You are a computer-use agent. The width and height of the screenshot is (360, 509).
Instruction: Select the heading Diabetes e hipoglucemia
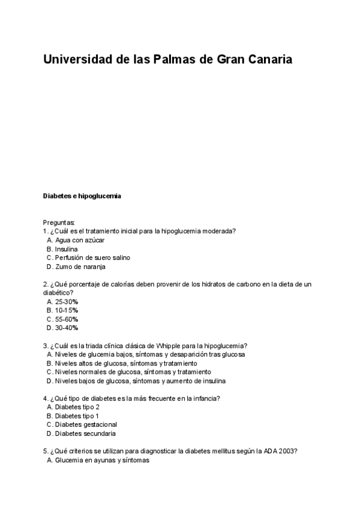click(x=82, y=196)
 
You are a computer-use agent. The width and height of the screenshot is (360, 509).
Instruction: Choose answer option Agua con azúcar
click(x=79, y=240)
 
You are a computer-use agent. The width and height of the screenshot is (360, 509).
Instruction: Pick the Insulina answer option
click(x=66, y=248)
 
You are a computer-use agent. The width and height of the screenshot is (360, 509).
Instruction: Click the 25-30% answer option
click(x=67, y=301)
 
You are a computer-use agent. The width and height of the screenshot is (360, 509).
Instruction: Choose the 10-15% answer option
click(x=67, y=310)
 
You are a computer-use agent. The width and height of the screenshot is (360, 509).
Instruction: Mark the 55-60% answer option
click(x=67, y=319)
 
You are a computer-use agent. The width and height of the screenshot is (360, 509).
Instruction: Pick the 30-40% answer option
click(x=67, y=328)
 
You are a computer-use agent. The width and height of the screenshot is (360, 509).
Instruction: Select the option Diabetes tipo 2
click(x=77, y=407)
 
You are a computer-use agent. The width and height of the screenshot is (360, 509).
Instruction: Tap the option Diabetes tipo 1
click(x=77, y=415)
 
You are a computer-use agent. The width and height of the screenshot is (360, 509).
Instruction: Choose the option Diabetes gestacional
click(x=85, y=424)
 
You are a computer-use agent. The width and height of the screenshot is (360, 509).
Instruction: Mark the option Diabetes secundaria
click(x=85, y=433)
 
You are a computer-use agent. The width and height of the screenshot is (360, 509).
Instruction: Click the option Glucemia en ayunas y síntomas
click(x=101, y=460)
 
